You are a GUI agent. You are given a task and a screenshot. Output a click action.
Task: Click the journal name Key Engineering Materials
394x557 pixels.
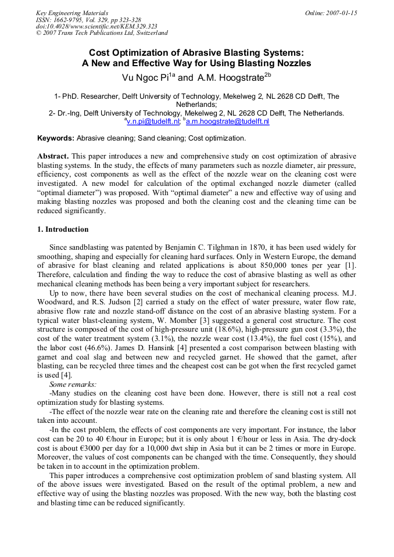click(x=72, y=13)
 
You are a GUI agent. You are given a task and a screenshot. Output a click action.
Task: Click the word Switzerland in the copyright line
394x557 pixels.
click(x=150, y=33)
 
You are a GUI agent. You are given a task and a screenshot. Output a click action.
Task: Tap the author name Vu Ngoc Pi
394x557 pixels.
click(x=145, y=77)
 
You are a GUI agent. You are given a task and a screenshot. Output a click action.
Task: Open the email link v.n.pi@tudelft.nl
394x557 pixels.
click(x=153, y=121)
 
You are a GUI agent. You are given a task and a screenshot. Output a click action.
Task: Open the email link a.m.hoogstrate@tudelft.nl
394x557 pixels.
click(x=227, y=121)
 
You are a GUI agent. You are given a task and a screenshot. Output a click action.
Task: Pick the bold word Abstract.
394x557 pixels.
click(x=53, y=157)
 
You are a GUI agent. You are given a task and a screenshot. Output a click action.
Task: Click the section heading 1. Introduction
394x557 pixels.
click(x=63, y=229)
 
